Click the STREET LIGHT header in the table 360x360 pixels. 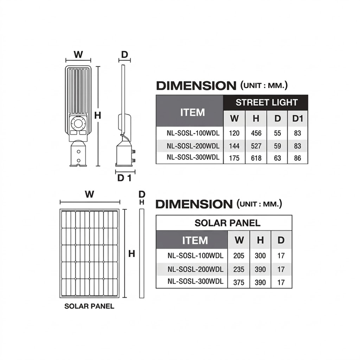click(x=266, y=103)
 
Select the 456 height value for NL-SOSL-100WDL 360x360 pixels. click(x=256, y=133)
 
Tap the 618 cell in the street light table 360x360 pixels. click(x=256, y=158)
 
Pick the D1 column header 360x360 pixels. click(x=297, y=118)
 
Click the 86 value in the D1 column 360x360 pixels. click(x=297, y=158)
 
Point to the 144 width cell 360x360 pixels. click(x=234, y=146)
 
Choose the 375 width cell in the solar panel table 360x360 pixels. click(x=239, y=282)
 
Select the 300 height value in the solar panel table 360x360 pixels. click(x=260, y=256)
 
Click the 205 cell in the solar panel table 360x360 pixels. click(x=239, y=256)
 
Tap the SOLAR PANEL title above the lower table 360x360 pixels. click(x=227, y=223)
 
